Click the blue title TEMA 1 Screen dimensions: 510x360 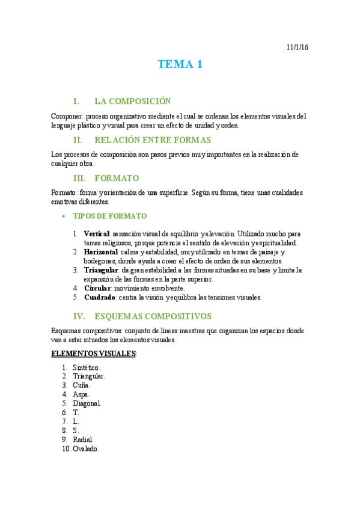pyautogui.click(x=180, y=64)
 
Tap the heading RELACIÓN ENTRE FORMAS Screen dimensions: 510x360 pyautogui.click(x=153, y=140)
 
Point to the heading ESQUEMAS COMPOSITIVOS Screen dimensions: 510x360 pyautogui.click(x=153, y=315)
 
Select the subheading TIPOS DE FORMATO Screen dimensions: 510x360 pyautogui.click(x=109, y=216)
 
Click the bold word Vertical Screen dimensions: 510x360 pyautogui.click(x=97, y=233)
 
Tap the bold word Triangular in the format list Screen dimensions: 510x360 pyautogui.click(x=102, y=270)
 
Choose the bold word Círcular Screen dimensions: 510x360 pyautogui.click(x=98, y=288)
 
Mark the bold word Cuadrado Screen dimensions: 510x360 pyautogui.click(x=100, y=297)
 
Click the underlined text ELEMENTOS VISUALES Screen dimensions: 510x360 pyautogui.click(x=94, y=353)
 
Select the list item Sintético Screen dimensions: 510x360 pyautogui.click(x=86, y=367)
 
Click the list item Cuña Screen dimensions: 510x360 pyautogui.click(x=81, y=385)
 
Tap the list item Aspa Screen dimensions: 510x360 pyautogui.click(x=81, y=395)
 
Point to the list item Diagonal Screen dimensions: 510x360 pyautogui.click(x=87, y=404)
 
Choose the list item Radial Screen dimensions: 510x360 pyautogui.click(x=83, y=440)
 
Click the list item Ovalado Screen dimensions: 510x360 pyautogui.click(x=85, y=449)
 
